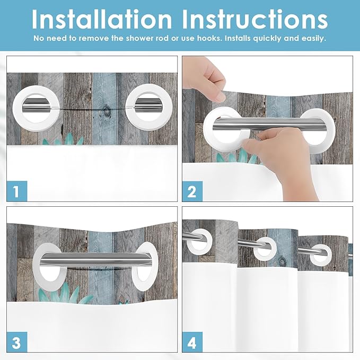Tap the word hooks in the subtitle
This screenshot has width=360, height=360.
[212, 39]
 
